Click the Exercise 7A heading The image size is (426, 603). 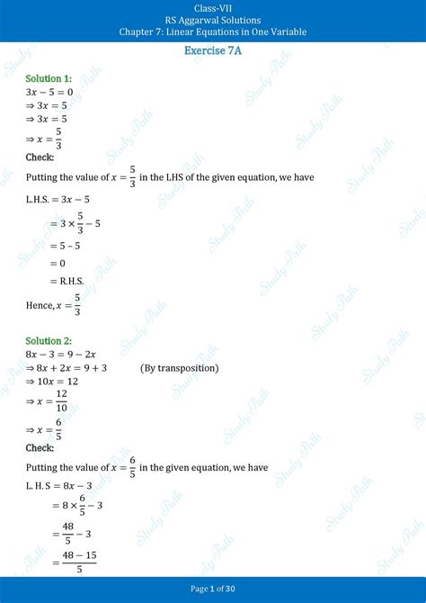click(x=213, y=50)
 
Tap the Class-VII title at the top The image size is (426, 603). click(x=213, y=6)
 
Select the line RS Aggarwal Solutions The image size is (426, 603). click(x=213, y=19)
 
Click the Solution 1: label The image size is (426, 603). click(x=49, y=79)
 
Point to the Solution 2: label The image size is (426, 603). click(x=49, y=341)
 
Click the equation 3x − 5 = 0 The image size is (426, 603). click(x=51, y=92)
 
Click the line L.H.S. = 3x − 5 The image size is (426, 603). click(x=58, y=199)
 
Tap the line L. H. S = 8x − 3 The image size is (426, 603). click(x=59, y=486)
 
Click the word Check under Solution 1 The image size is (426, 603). click(x=40, y=157)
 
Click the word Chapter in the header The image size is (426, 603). click(x=137, y=31)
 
